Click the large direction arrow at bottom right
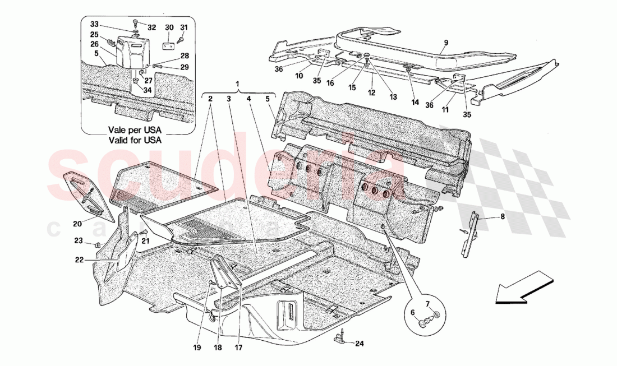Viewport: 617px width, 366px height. tap(524, 288)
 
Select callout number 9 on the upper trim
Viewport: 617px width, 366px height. tap(446, 43)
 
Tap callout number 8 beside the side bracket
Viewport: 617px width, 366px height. tap(502, 216)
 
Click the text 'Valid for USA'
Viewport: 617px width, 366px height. tap(135, 141)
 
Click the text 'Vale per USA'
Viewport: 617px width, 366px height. tap(135, 129)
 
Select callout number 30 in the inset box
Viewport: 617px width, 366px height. tap(169, 27)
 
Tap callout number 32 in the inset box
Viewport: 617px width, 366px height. tap(152, 27)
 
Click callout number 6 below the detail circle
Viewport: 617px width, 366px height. tap(413, 312)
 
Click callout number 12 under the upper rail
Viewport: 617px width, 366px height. tap(371, 92)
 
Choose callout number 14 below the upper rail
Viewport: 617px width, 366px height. tap(415, 102)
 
